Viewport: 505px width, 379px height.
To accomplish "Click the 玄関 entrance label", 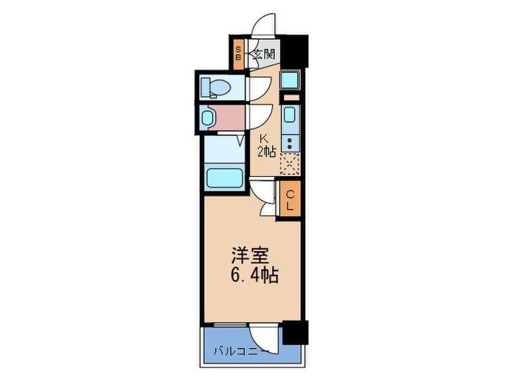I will (x=265, y=53).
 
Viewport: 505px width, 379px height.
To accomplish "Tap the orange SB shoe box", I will (x=239, y=53).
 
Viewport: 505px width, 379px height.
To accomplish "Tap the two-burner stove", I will (x=290, y=142).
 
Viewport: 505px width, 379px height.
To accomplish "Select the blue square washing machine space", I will (x=290, y=80).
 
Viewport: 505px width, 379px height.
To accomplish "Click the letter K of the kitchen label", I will (x=264, y=139).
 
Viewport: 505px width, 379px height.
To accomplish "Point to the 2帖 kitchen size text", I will (x=266, y=152).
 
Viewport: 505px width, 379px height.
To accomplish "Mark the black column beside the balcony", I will (x=294, y=331).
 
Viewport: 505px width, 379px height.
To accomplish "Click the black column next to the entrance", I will (x=294, y=51).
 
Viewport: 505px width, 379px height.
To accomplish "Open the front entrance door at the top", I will (x=263, y=23).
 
